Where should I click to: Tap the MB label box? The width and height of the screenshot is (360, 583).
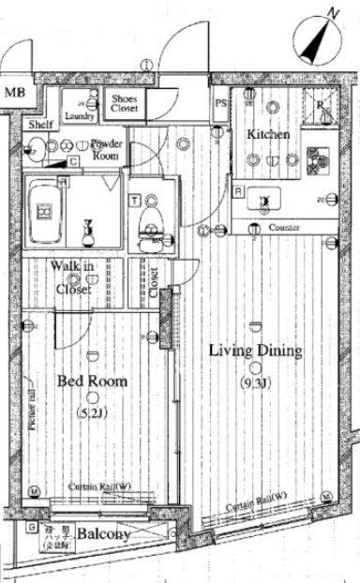click(x=14, y=93)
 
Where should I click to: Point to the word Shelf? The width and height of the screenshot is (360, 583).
click(x=40, y=125)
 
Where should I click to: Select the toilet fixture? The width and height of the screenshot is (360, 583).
click(x=146, y=224)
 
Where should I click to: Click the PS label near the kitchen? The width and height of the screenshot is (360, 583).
click(x=221, y=103)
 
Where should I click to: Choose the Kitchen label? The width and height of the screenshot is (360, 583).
click(x=268, y=135)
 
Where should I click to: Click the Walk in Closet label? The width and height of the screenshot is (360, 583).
click(x=72, y=278)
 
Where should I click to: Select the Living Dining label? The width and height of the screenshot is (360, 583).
click(x=255, y=351)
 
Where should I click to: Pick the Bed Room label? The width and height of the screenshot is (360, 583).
click(x=92, y=381)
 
